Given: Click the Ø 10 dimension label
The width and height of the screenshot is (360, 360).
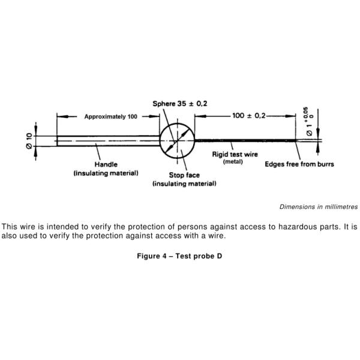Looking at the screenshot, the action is click(x=29, y=141).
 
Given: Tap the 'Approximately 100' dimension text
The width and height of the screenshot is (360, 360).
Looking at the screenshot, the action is click(x=110, y=116).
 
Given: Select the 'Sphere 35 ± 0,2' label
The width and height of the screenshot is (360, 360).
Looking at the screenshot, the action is click(x=180, y=104).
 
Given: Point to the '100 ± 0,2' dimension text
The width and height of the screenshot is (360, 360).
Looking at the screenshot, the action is click(x=248, y=115).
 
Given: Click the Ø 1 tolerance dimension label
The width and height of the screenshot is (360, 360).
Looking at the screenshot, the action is click(x=310, y=122).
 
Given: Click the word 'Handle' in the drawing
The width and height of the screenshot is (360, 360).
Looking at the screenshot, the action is click(x=106, y=164).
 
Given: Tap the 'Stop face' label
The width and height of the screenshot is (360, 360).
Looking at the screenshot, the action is click(x=184, y=175).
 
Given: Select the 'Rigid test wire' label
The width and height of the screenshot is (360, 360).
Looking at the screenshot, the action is click(x=235, y=154).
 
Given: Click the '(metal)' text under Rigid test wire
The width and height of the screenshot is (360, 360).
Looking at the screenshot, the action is click(x=233, y=161).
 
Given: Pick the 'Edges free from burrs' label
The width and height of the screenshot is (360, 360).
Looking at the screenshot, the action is click(x=299, y=164).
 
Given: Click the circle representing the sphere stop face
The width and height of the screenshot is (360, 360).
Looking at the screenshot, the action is click(x=177, y=141).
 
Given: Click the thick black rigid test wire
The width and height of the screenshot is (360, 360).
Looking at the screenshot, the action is click(x=245, y=140).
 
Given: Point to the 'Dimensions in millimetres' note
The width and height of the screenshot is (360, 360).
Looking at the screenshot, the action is click(x=319, y=207).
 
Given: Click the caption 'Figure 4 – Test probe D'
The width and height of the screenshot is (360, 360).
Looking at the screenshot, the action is click(x=179, y=256).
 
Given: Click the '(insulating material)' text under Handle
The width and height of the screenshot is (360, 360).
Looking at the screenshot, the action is click(x=106, y=173).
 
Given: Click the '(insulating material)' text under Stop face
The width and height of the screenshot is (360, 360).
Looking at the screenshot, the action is click(x=184, y=184).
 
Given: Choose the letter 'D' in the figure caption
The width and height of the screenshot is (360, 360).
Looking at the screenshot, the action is click(x=219, y=256).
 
